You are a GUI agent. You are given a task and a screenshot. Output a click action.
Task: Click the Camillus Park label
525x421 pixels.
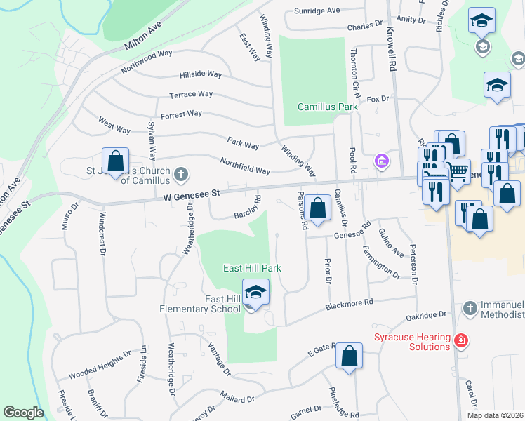coord(327,107)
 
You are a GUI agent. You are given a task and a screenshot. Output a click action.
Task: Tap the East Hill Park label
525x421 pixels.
coord(252,268)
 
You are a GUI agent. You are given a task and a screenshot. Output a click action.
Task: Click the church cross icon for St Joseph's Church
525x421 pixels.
coord(181,173)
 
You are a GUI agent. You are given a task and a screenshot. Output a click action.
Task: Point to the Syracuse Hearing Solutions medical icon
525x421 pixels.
coord(461,341)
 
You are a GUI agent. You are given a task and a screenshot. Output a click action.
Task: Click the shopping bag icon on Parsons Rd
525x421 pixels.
coord(318,208)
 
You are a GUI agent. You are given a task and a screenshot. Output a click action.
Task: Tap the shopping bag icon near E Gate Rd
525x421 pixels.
coord(349,356)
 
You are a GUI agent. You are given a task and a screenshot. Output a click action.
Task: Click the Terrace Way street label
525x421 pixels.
coord(191,94)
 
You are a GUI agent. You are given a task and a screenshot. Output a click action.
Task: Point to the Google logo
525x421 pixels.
coord(23,413)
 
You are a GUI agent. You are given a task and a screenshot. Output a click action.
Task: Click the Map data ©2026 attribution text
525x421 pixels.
coord(495,415)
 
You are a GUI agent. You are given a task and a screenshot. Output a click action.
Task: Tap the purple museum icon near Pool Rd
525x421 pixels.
coord(381,161)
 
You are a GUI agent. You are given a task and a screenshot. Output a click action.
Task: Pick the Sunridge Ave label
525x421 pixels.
coord(317,11)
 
